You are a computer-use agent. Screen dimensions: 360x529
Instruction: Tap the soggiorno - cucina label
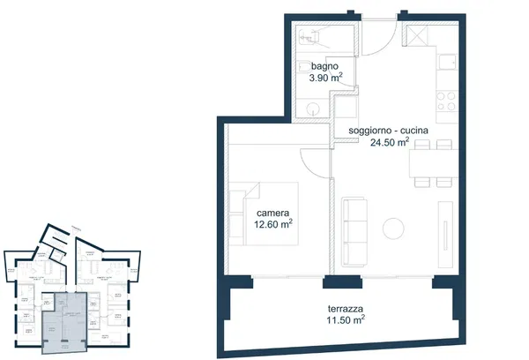click(388, 131)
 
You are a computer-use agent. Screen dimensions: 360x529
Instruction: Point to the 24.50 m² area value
click(390, 142)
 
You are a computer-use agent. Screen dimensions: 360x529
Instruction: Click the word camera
click(272, 214)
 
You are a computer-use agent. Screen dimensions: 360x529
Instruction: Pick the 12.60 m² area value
click(272, 225)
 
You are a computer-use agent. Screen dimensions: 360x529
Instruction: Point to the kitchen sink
click(447, 63)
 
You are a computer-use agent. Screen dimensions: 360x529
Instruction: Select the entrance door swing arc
click(379, 40)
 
